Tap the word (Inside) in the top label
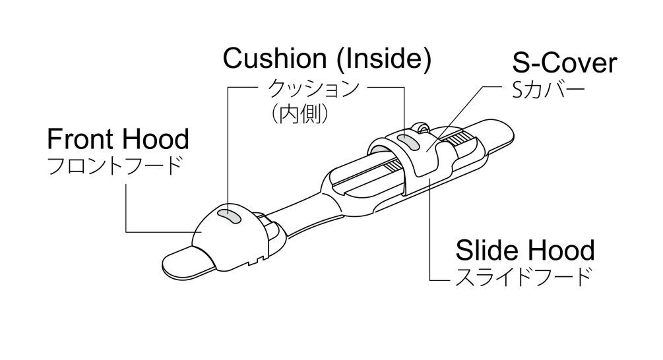coord(385,59)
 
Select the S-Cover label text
coord(565,63)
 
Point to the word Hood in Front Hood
coord(155,139)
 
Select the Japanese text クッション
coord(314,88)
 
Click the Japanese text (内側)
coord(300,113)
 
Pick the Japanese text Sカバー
coord(548,90)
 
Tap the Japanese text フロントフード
coord(115,165)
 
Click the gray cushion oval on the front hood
coord(229,216)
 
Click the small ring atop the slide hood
coord(420,127)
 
